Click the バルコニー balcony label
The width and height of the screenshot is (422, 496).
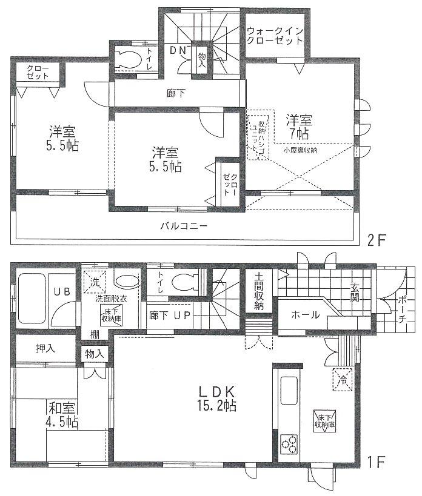tap(184, 226)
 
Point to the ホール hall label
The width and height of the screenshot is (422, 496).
tap(303, 315)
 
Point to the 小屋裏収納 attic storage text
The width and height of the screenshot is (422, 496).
tap(304, 149)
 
